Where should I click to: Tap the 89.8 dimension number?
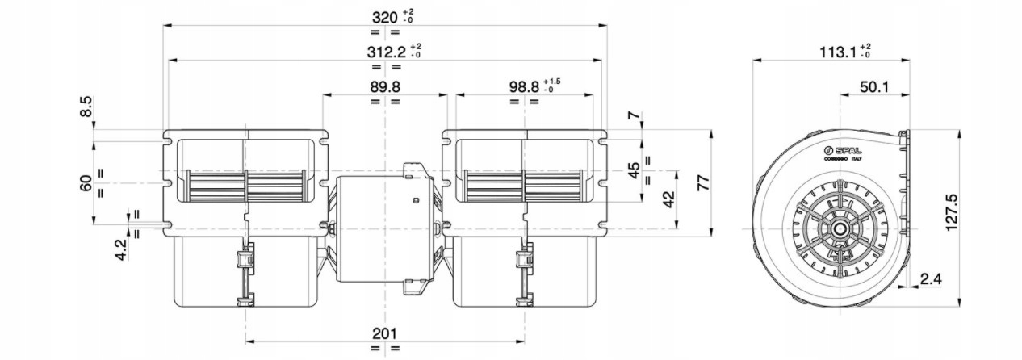[x=385, y=86]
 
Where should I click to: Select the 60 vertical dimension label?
[x=86, y=183]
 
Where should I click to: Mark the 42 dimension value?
[x=668, y=199]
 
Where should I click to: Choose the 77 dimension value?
[x=704, y=182]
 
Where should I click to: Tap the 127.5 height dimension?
[x=951, y=211]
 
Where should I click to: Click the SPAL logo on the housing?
[x=841, y=152]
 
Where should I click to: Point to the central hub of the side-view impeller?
[x=840, y=228]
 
